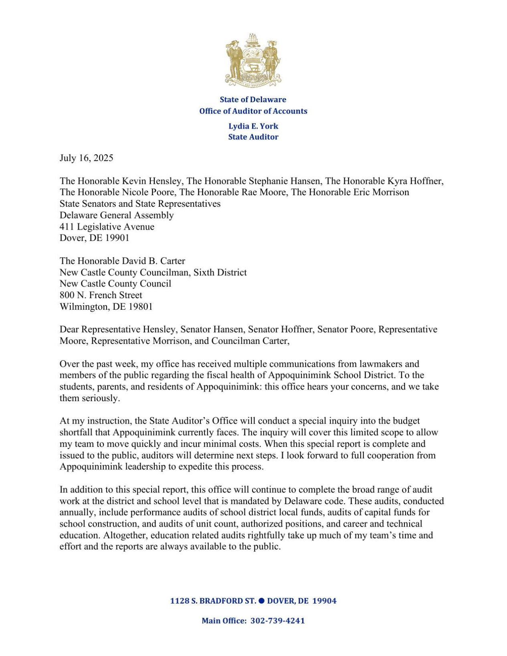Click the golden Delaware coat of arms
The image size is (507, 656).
coord(253,60)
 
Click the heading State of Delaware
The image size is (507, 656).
coord(253,99)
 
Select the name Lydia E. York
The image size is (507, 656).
coord(253,126)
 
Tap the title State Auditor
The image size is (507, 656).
coord(253,137)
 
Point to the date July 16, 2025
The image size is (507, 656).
coord(86,158)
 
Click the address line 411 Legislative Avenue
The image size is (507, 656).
coord(107,226)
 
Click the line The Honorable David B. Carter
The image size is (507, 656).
coord(122,261)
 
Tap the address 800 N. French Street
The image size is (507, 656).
coord(101,295)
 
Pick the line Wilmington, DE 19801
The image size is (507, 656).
coord(106,307)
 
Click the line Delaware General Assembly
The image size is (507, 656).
coord(116,215)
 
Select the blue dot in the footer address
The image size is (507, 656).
coord(261,600)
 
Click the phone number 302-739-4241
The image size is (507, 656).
coord(277,621)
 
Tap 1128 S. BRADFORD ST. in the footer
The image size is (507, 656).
coord(213,601)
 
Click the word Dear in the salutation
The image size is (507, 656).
coord(69,329)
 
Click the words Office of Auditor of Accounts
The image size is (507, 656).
coord(253,111)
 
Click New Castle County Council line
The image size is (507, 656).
coord(115,284)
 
